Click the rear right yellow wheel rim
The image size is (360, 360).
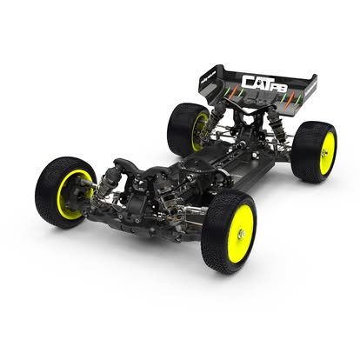coord(326,153)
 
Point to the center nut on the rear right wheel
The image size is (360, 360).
coord(328,153)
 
